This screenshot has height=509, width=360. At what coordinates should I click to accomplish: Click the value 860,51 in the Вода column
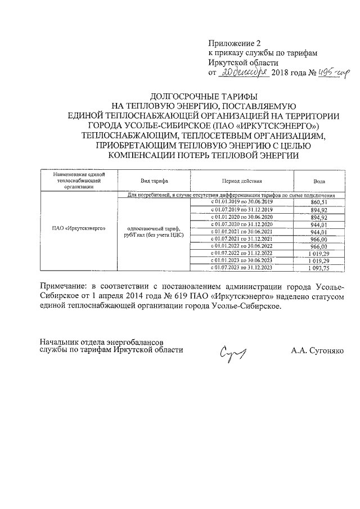(x=318, y=202)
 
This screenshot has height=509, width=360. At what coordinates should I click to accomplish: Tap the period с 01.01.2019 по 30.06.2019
(x=241, y=202)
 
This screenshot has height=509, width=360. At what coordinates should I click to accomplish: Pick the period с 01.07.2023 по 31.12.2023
(x=241, y=268)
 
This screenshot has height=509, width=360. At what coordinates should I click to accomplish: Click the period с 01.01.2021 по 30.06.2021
(x=241, y=231)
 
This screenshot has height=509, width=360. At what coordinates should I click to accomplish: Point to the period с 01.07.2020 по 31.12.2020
(x=241, y=224)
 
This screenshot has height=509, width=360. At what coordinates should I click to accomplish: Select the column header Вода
(x=318, y=181)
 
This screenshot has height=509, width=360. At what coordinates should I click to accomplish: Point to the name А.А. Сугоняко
(x=317, y=350)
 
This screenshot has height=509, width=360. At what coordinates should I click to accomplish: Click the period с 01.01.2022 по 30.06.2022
(x=241, y=246)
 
